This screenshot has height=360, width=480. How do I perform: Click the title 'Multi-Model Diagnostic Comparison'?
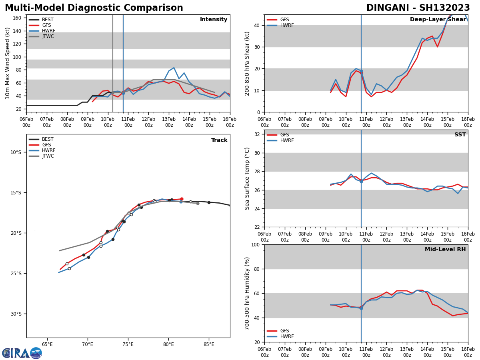[x=94, y=8]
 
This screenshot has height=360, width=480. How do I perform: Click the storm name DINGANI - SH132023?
[x=418, y=8]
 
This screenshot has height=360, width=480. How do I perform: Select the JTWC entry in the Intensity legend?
[x=48, y=36]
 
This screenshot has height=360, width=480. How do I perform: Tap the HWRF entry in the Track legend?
[x=48, y=150]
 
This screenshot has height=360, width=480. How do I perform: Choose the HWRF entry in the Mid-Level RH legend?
[x=287, y=336]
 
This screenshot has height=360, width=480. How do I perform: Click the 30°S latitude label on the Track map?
[x=16, y=314]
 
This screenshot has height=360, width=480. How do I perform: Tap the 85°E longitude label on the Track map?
[x=209, y=344]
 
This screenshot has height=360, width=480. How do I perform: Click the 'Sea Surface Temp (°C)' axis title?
[x=247, y=178]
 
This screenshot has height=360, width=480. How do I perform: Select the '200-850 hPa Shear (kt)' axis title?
[x=247, y=63]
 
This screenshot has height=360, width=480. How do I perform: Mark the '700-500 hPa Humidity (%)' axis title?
[x=247, y=293]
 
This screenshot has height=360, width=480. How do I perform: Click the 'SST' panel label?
[x=460, y=135]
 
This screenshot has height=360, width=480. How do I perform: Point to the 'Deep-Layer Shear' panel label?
[x=438, y=20]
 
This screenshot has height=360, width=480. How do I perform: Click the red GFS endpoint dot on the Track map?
[x=182, y=199]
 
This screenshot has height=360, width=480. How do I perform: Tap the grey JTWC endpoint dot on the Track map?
[x=198, y=203]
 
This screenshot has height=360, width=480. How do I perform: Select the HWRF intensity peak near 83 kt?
[x=174, y=68]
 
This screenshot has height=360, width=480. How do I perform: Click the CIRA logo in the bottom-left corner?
[x=22, y=353]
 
